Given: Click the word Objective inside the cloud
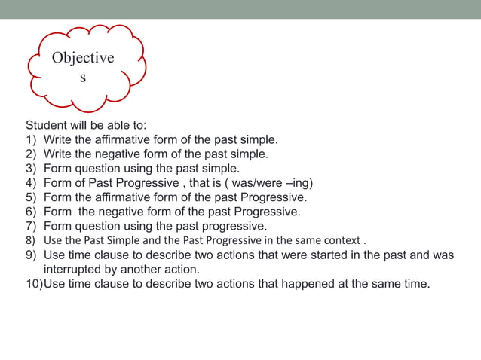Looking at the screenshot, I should (83, 58).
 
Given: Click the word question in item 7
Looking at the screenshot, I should (100, 226).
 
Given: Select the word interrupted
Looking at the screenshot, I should (75, 270).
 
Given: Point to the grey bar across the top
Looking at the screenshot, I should (240, 9).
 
